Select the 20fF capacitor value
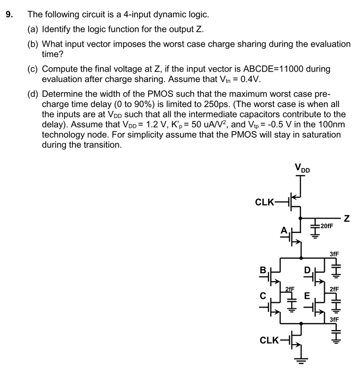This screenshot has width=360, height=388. coord(327,226)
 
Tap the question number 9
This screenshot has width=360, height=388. coord(9,15)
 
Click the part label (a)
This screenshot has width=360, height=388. coord(33,29)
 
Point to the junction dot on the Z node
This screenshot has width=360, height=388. coord(301,218)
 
